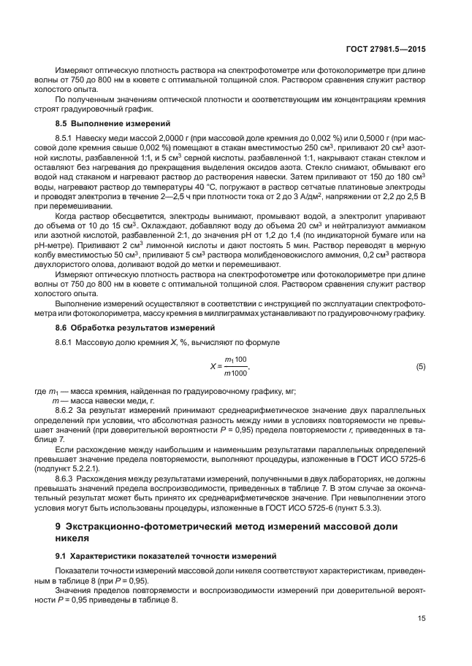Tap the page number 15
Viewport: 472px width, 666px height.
coord(422,618)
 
